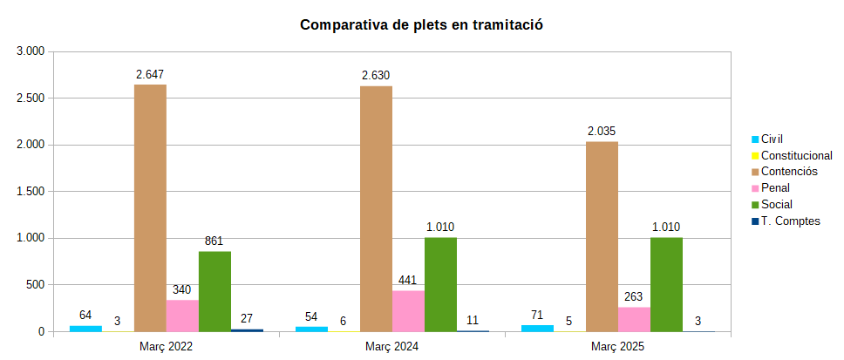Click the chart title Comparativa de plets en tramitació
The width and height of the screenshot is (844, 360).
(421, 25)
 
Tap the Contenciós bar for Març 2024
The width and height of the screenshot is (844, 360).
(376, 208)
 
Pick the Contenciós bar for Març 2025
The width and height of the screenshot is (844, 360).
(602, 236)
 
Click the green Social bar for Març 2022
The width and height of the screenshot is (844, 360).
(214, 291)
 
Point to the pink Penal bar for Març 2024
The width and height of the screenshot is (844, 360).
(408, 311)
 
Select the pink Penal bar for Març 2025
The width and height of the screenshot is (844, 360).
(634, 319)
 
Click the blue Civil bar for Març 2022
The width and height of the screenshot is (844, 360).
(85, 328)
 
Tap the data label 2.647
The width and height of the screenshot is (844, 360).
(150, 75)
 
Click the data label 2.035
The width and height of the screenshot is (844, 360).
(602, 132)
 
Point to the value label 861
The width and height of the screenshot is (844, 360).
(214, 241)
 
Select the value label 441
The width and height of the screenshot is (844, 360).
(408, 281)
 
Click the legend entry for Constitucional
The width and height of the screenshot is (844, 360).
(796, 155)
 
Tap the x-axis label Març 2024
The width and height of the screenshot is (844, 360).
(391, 347)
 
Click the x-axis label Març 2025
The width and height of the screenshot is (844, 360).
(617, 347)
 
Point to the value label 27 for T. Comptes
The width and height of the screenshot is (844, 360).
(247, 319)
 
